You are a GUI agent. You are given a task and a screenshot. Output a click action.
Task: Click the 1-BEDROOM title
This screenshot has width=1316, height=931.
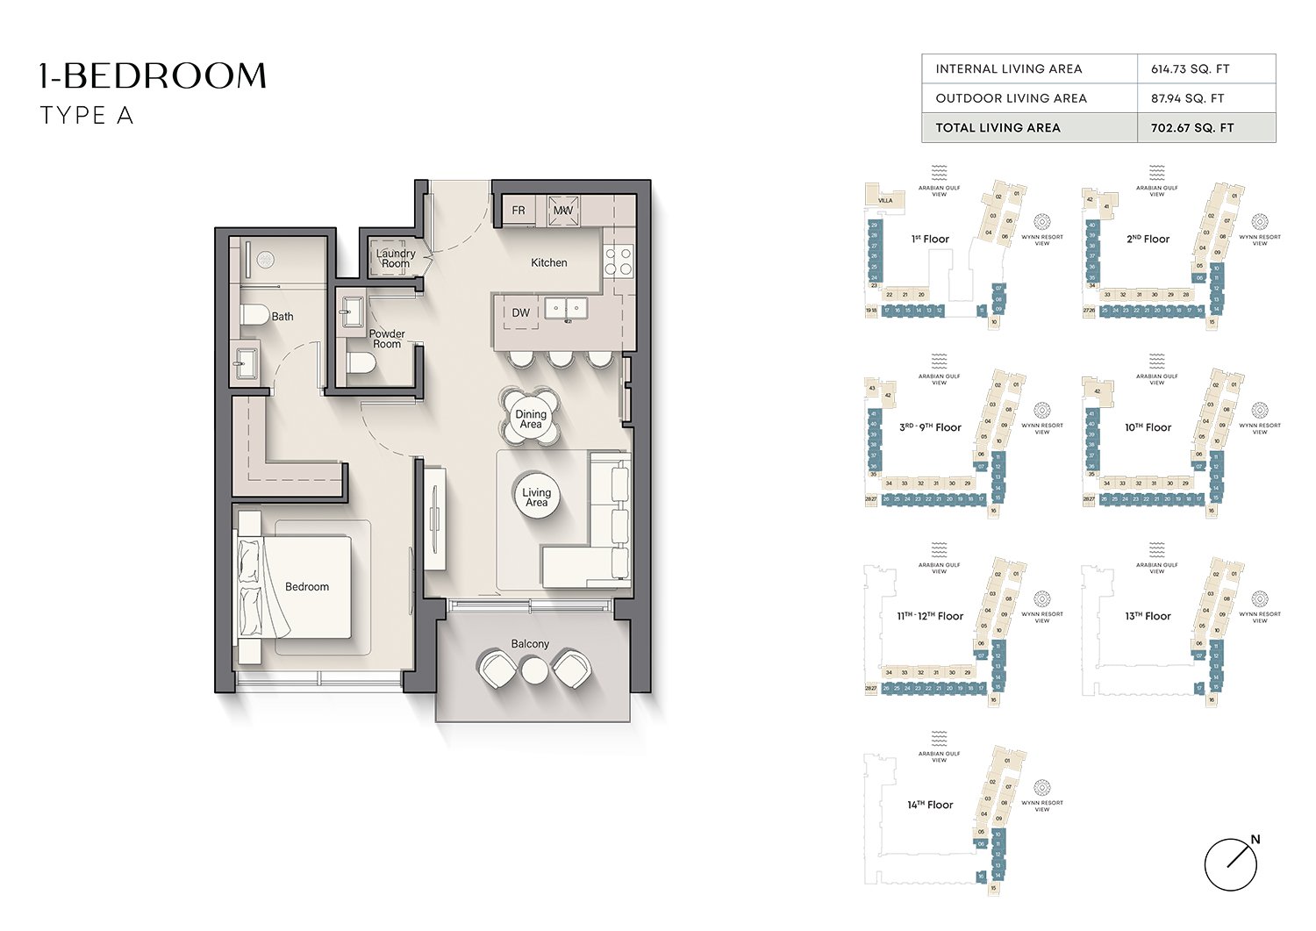[x=153, y=76]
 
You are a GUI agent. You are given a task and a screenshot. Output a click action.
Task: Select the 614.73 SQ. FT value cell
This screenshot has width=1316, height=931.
[x=1190, y=68]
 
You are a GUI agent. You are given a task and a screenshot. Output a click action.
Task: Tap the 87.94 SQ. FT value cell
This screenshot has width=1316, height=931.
[x=1187, y=98]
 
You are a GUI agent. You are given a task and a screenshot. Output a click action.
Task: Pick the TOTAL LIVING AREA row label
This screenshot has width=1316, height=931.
[x=998, y=127]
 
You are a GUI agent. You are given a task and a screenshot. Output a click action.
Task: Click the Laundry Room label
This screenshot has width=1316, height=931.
[x=396, y=258]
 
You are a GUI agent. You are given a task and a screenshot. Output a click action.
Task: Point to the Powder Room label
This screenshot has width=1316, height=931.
[x=387, y=339]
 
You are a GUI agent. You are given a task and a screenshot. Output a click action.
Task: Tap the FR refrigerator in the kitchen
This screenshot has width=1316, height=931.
[x=519, y=211]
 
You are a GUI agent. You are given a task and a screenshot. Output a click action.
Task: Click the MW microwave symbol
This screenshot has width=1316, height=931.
[x=562, y=211]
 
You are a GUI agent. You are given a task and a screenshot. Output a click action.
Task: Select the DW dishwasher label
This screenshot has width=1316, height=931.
[x=521, y=312]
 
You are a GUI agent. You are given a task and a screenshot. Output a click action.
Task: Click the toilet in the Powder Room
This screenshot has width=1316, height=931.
[x=360, y=363]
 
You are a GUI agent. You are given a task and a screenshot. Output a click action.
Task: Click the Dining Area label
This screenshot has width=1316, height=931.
[x=531, y=419]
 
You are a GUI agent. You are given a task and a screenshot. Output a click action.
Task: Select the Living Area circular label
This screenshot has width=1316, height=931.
[x=536, y=498]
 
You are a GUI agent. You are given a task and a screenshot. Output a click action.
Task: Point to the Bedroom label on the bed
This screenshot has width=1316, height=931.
[x=307, y=586]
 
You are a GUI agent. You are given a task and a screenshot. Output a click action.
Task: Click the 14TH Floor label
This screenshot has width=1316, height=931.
[x=930, y=805]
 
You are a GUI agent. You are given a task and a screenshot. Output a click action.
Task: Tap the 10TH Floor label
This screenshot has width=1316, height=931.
[x=1148, y=427]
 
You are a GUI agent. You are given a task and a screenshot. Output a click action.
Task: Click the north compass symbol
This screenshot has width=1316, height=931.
[x=1231, y=863]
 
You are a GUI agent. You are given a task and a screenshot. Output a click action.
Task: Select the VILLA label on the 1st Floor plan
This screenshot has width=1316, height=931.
[x=885, y=200]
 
